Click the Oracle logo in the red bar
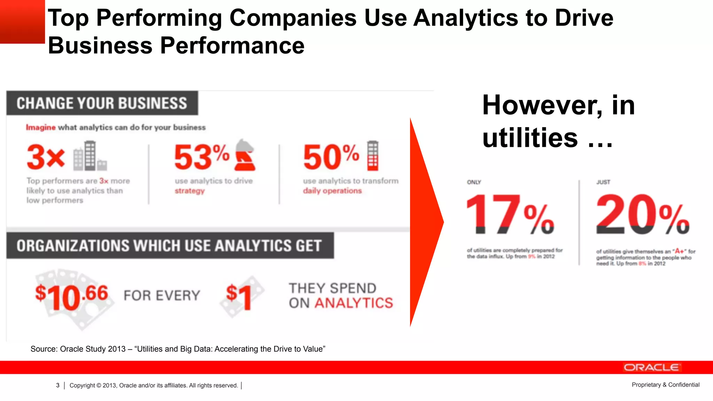[x=651, y=368]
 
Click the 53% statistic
[x=201, y=157]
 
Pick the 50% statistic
[x=331, y=157]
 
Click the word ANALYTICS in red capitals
[x=354, y=303]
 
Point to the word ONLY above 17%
[x=474, y=182]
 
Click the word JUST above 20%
[x=603, y=182]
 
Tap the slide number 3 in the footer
[x=58, y=385]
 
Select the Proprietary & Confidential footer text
[x=665, y=385]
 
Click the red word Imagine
[x=41, y=127]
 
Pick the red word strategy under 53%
[x=190, y=191]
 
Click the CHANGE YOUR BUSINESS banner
[x=102, y=103]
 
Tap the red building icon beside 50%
[x=373, y=156]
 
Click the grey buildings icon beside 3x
[x=89, y=156]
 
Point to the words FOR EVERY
[x=162, y=296]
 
